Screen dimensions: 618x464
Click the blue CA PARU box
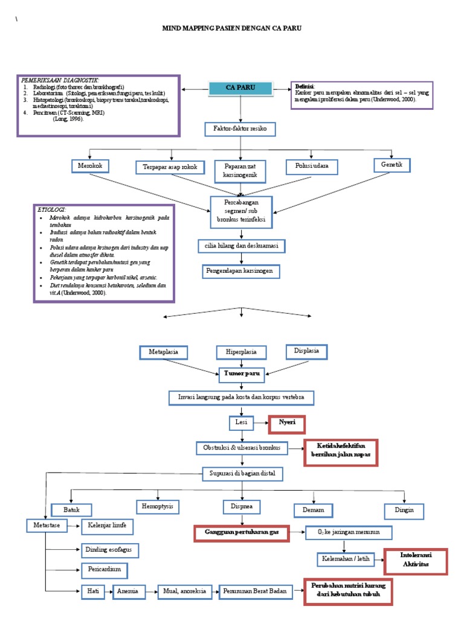coord(240,88)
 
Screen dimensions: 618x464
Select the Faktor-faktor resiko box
coord(240,130)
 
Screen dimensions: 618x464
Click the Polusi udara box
coord(312,167)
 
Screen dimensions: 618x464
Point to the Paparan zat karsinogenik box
coord(240,171)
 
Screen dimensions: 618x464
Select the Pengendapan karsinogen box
coord(241,272)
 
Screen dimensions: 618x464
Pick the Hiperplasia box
coord(241,351)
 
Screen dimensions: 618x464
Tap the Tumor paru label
coord(241,374)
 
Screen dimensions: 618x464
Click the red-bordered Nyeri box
coord(287,424)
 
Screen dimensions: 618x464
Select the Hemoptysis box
coord(159,506)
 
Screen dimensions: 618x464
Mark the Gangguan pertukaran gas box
coord(241,534)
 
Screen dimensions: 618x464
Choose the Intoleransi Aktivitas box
coord(415,561)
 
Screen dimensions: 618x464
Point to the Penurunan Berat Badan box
coord(256,592)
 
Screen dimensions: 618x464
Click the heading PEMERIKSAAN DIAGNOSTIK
coord(60,80)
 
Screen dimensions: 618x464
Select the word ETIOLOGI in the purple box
coord(51,209)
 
